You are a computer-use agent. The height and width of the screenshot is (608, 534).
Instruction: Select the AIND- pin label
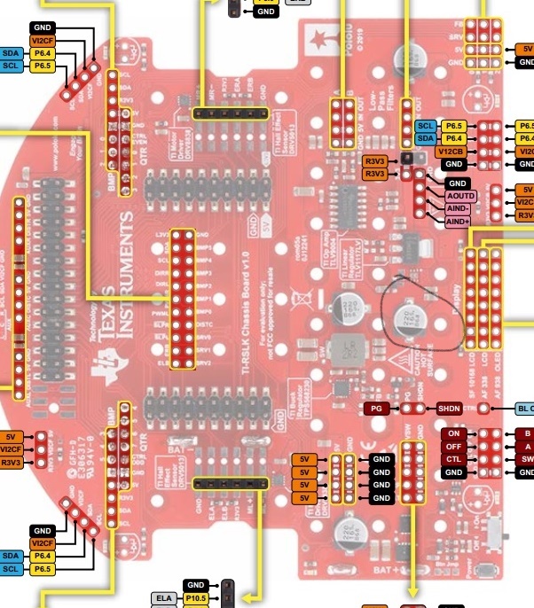pos(459,208)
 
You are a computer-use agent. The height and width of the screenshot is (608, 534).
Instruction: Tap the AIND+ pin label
pos(459,222)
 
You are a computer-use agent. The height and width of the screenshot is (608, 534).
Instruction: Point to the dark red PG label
pos(376,409)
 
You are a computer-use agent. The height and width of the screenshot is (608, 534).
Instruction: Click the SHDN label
pos(446,409)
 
